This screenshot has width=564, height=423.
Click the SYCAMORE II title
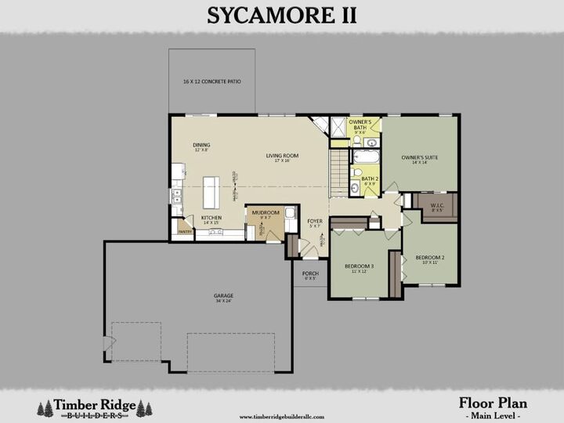282,15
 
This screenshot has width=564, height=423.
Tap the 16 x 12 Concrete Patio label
211,81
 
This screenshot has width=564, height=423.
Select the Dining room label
201,146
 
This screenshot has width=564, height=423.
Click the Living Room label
283,157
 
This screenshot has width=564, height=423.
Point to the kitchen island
210,192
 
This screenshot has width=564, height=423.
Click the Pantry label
185,232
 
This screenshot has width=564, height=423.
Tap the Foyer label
315,224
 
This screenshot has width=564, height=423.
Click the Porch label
310,275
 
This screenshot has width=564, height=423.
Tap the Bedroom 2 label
429,259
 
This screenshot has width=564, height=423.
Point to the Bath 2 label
369,181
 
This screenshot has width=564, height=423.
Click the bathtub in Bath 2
366,157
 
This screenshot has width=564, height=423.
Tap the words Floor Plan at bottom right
493,403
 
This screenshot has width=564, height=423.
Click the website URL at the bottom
281,417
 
